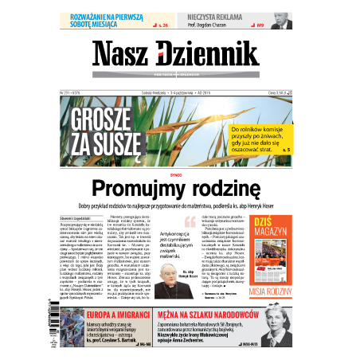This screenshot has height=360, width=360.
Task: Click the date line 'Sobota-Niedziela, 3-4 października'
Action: click(167, 92)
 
